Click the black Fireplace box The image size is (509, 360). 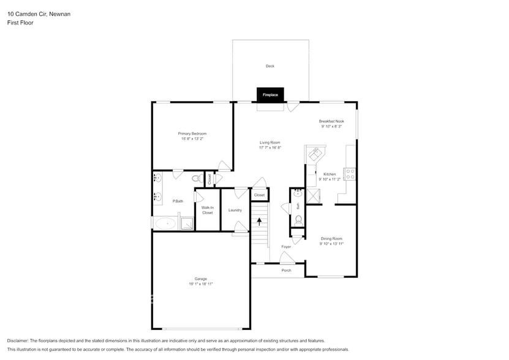coord(270,95)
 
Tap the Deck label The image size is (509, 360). coord(270,66)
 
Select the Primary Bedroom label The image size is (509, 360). coord(192,133)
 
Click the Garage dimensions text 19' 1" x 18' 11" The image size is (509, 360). coord(201,284)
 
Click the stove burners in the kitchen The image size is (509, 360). coord(351,173)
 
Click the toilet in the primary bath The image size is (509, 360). coord(197,179)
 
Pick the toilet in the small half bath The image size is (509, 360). coord(298,219)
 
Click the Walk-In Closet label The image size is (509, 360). coord(207,210)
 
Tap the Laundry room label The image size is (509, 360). coord(235,210)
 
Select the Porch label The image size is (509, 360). coord(286,270)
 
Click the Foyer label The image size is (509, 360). coord(286,247)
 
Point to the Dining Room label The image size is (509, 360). coord(331,238)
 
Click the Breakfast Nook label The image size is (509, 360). coord(331,121)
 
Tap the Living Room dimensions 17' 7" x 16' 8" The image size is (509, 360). coord(270,148)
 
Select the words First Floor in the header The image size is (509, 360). coord(20,23)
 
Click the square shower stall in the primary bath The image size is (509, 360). coord(187,222)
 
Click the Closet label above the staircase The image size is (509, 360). coord(259,195)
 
